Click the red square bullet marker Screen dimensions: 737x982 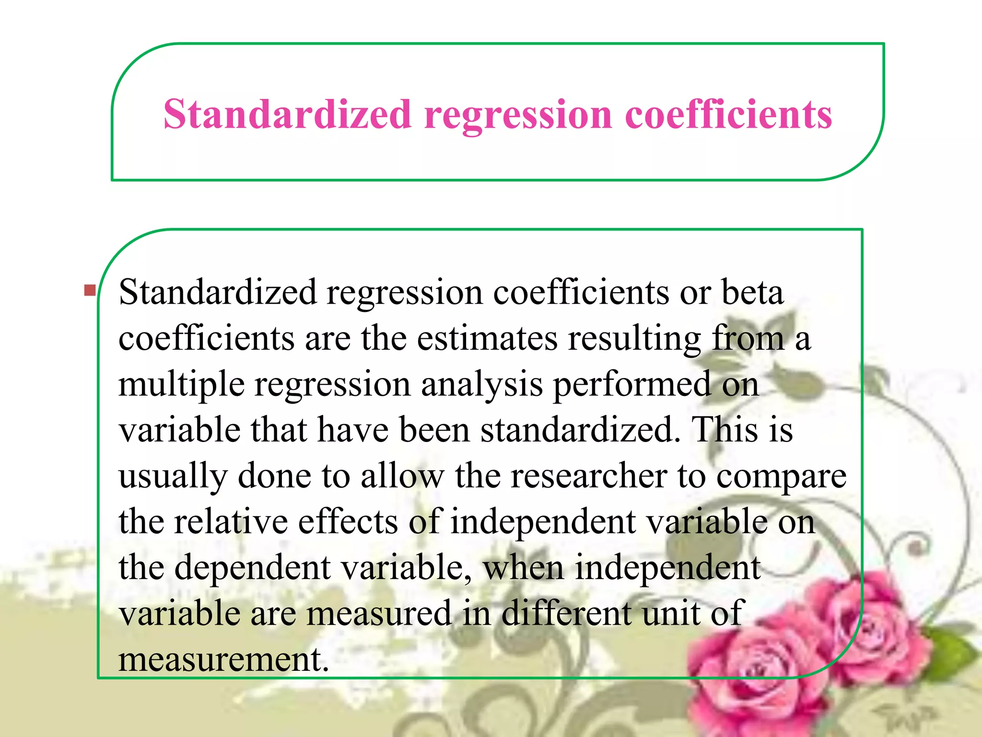point(89,290)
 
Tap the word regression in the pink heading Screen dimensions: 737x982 point(518,115)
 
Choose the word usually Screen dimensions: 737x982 point(173,476)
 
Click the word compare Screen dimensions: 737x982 point(781,476)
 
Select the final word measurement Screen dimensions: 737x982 point(223,659)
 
